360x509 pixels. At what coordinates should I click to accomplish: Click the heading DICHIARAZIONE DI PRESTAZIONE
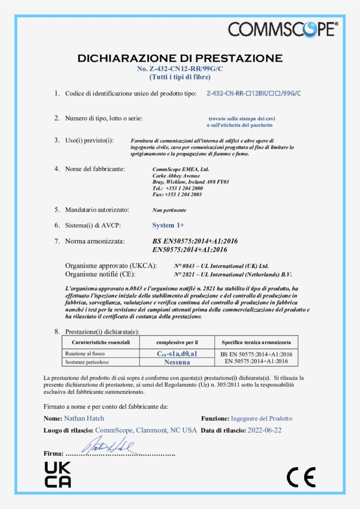coord(180,58)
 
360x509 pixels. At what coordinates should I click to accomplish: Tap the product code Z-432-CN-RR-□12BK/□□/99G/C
coord(254,93)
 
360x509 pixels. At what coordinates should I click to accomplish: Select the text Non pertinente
coord(169,210)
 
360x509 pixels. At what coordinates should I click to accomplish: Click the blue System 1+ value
coord(168,225)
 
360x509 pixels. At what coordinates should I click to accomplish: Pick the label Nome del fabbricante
coord(95,169)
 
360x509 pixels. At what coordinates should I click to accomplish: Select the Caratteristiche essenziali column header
coord(100,342)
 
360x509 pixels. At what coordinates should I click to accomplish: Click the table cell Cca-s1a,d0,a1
coord(177,353)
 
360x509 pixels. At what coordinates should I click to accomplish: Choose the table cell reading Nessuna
coord(177,362)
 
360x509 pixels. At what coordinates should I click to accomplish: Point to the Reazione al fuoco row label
coord(82,353)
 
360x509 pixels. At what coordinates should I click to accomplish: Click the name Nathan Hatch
coord(84,419)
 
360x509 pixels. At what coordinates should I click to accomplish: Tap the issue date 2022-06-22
coord(268,430)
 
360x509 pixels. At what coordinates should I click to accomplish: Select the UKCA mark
coord(58,474)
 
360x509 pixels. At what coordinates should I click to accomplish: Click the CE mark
coord(301,477)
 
